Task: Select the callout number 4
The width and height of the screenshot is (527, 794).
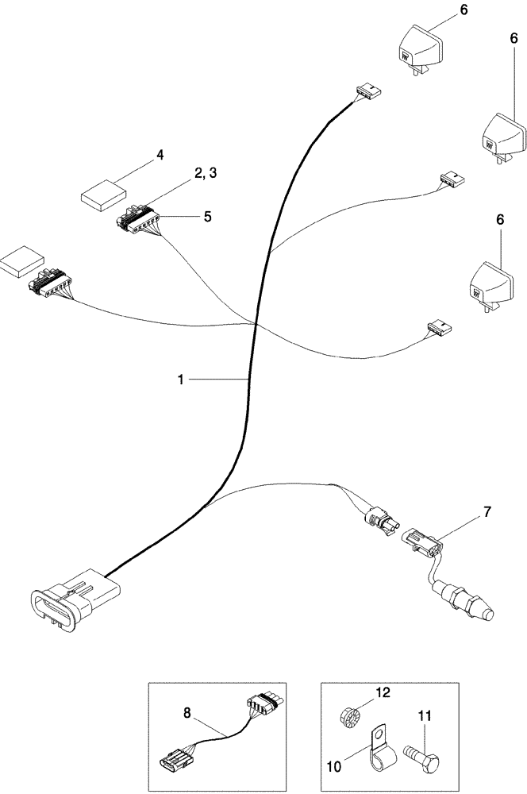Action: (x=160, y=156)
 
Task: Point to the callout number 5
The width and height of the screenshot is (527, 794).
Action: (x=207, y=215)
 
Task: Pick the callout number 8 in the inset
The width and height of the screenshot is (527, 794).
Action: (x=187, y=714)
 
